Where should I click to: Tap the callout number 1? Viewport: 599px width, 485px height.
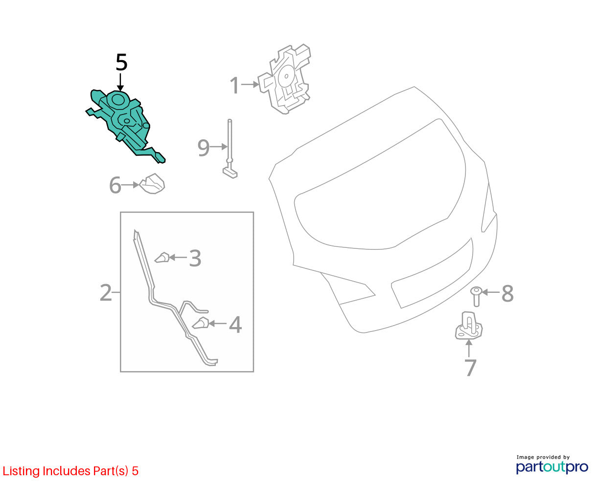[234, 85]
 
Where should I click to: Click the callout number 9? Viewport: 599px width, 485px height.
[203, 148]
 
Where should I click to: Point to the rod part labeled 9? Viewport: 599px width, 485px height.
[230, 149]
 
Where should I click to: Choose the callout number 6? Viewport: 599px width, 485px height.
[115, 185]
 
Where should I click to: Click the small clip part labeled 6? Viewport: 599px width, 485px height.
[152, 184]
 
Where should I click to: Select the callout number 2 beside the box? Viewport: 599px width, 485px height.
[106, 292]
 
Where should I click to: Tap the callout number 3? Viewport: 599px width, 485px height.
[195, 258]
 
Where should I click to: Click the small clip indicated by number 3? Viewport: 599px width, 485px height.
[162, 258]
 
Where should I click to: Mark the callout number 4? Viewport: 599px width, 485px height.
[235, 325]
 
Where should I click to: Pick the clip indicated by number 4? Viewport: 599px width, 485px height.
[201, 323]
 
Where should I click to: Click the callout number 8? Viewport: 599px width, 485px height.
[507, 294]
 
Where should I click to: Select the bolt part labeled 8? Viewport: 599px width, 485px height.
[476, 296]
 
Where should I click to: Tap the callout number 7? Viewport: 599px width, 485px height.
[470, 367]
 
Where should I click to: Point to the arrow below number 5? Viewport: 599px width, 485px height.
[120, 82]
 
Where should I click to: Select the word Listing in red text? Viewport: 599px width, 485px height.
[21, 471]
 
